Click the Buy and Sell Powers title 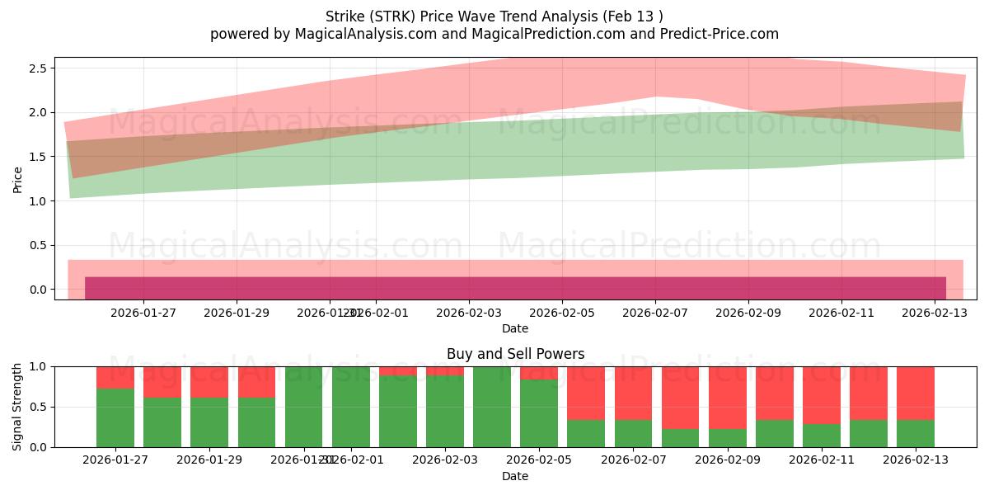tap(515, 354)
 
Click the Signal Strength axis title tap(18, 407)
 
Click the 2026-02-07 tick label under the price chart tap(656, 313)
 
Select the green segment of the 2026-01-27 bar tap(115, 418)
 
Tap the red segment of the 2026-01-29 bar tap(209, 382)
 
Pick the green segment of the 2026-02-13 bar tap(916, 434)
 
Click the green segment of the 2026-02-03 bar tap(445, 412)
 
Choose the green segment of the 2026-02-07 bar tap(633, 434)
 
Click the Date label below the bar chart tap(515, 476)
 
